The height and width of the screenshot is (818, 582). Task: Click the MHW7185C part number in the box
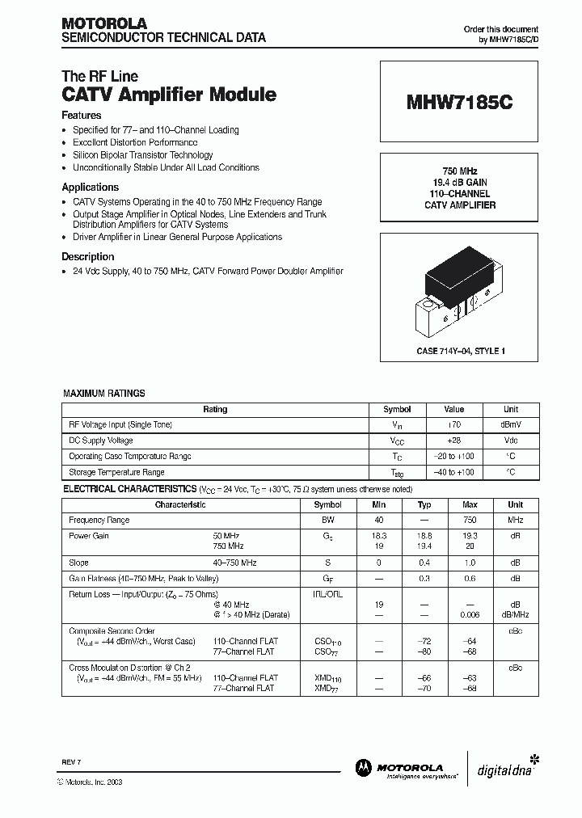[x=459, y=103]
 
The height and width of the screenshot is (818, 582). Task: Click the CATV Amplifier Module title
[x=169, y=95]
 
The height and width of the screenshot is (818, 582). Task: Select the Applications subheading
[x=91, y=187]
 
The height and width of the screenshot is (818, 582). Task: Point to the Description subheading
[x=88, y=256]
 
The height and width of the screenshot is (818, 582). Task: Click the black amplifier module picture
[x=458, y=287]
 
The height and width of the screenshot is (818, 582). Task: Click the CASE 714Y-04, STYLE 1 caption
[x=459, y=352]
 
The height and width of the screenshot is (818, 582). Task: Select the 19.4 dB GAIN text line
[x=459, y=183]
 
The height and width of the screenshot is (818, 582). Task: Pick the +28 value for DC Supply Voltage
[x=454, y=441]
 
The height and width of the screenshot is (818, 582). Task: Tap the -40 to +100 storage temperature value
[x=454, y=472]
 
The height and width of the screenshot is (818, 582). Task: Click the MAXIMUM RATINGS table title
[x=104, y=394]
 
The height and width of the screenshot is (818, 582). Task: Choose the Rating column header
[x=215, y=410]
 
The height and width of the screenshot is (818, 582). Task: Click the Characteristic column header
[x=180, y=504]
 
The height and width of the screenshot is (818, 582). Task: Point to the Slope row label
[x=78, y=563]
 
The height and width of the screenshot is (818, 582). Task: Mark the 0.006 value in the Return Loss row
[x=470, y=614]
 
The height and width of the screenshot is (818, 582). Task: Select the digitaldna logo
[x=507, y=767]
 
